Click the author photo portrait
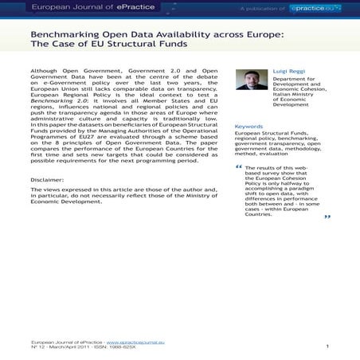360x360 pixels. pyautogui.click(x=252, y=80)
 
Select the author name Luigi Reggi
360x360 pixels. pyautogui.click(x=291, y=71)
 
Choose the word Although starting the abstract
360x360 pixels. pyautogui.click(x=47, y=70)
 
